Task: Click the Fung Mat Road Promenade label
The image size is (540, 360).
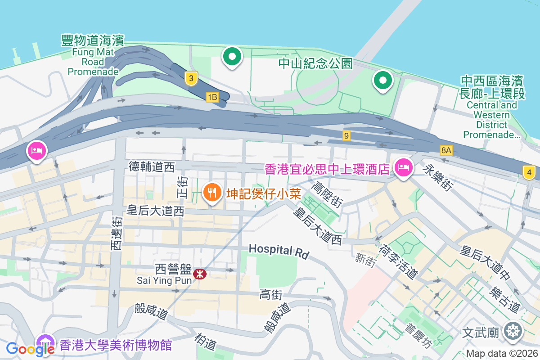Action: coord(93,56)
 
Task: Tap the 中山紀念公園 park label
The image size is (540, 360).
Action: coord(315,63)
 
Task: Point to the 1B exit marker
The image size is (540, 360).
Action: coord(212,97)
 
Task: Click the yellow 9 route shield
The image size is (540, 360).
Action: coord(346,135)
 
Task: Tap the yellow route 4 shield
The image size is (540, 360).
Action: coord(529,172)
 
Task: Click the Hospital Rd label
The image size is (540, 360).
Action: coord(279,251)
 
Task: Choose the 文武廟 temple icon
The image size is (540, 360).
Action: coord(513,332)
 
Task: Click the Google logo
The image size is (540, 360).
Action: coord(30,349)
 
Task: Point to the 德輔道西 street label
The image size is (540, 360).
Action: coord(152,167)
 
